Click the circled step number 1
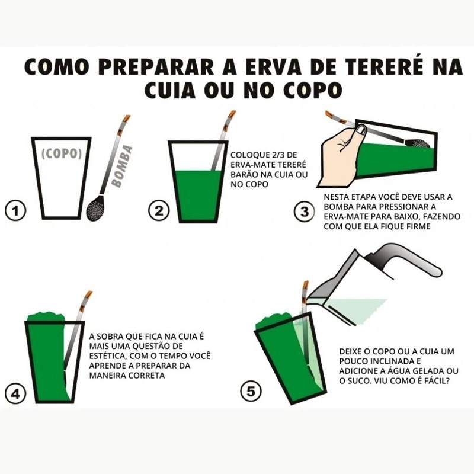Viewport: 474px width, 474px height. click(x=15, y=211)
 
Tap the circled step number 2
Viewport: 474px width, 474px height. click(x=159, y=211)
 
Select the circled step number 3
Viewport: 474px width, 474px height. click(x=305, y=212)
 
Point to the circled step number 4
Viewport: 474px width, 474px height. click(x=15, y=393)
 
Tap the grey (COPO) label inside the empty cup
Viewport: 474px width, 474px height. click(x=62, y=153)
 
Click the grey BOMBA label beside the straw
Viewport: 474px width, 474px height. click(x=123, y=166)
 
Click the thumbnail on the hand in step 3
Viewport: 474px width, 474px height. click(x=361, y=130)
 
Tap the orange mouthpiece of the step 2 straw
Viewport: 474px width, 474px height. click(x=232, y=116)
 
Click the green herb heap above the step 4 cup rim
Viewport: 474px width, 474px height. click(x=46, y=317)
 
